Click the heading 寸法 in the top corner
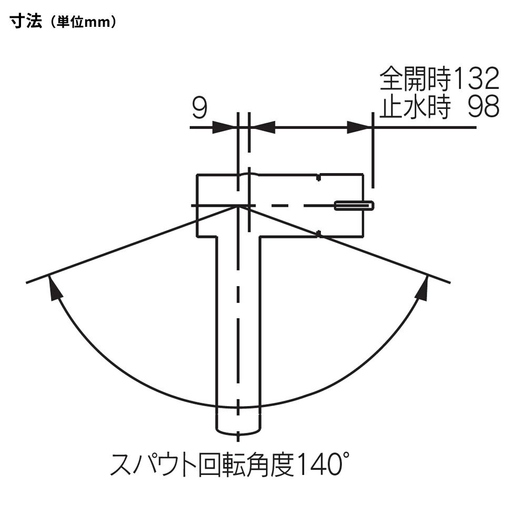pyautogui.click(x=26, y=22)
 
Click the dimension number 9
pyautogui.click(x=200, y=108)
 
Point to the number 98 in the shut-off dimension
pyautogui.click(x=483, y=106)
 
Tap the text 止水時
pyautogui.click(x=416, y=107)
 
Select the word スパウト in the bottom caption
pyautogui.click(x=153, y=464)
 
